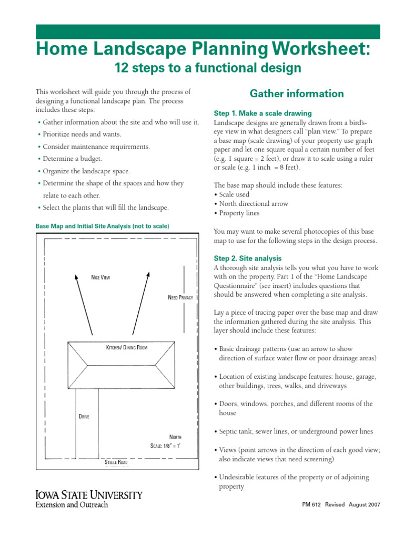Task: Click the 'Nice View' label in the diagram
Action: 100,277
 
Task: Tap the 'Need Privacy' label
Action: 180,297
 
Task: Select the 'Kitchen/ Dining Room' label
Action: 127,348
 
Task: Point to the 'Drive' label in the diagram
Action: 84,417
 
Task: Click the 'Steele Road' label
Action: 116,462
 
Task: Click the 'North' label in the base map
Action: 175,437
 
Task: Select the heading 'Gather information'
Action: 297,94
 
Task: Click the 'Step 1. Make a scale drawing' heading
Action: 262,113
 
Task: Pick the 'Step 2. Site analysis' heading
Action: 248,258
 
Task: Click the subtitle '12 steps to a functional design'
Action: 208,68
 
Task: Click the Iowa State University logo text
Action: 88,495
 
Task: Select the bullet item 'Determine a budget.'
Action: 73,159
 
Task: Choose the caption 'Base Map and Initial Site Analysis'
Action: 102,226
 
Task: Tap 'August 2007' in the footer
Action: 364,504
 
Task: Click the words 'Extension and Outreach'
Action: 72,505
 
